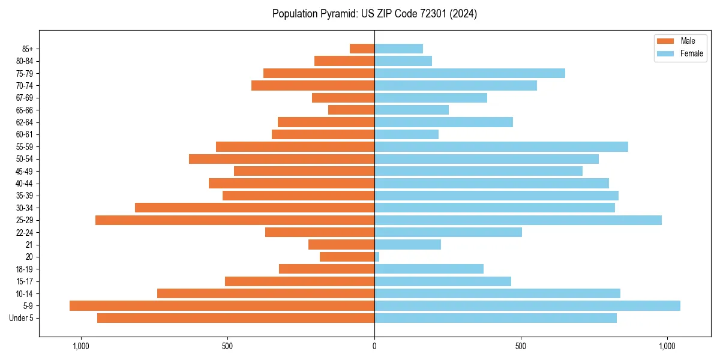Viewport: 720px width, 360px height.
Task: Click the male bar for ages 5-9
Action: (x=222, y=305)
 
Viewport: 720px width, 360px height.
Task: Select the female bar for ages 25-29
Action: (x=518, y=220)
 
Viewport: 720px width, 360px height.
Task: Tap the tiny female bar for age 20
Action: (x=377, y=257)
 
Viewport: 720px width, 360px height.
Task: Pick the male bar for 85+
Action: (x=362, y=49)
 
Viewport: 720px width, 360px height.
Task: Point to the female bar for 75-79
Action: (x=470, y=73)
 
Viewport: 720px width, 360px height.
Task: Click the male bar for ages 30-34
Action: (x=254, y=208)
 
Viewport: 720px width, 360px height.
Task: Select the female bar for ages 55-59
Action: (x=501, y=146)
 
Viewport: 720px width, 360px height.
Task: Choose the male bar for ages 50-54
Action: (x=281, y=159)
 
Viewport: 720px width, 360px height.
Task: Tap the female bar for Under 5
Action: (x=496, y=318)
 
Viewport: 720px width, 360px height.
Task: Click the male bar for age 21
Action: (x=341, y=244)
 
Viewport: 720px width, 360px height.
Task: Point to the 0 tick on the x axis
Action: (x=374, y=346)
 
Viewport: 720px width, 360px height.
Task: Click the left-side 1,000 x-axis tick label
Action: (x=80, y=346)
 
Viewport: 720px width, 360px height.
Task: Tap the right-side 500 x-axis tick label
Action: (x=521, y=346)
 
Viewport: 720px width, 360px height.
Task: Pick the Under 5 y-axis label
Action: (x=21, y=318)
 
